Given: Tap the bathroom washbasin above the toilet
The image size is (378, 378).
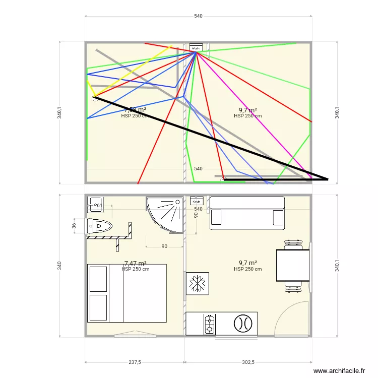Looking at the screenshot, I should pyautogui.click(x=95, y=204).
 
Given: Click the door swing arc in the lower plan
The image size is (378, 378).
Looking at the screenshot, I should pyautogui.click(x=291, y=318).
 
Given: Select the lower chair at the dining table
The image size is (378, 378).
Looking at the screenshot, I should pyautogui.click(x=293, y=289).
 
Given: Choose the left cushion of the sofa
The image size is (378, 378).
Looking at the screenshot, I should pyautogui.click(x=216, y=217).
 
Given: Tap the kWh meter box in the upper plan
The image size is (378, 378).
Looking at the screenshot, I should pyautogui.click(x=196, y=48).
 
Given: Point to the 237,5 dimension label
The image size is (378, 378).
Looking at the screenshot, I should pyautogui.click(x=135, y=362).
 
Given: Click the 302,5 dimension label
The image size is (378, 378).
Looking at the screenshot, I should pyautogui.click(x=248, y=362).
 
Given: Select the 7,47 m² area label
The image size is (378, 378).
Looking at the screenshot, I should pyautogui.click(x=135, y=263).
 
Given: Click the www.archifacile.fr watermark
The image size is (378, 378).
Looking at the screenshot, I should pyautogui.click(x=339, y=370).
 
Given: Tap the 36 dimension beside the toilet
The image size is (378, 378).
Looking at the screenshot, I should pyautogui.click(x=74, y=226).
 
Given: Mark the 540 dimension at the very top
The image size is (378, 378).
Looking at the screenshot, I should pyautogui.click(x=198, y=17).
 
